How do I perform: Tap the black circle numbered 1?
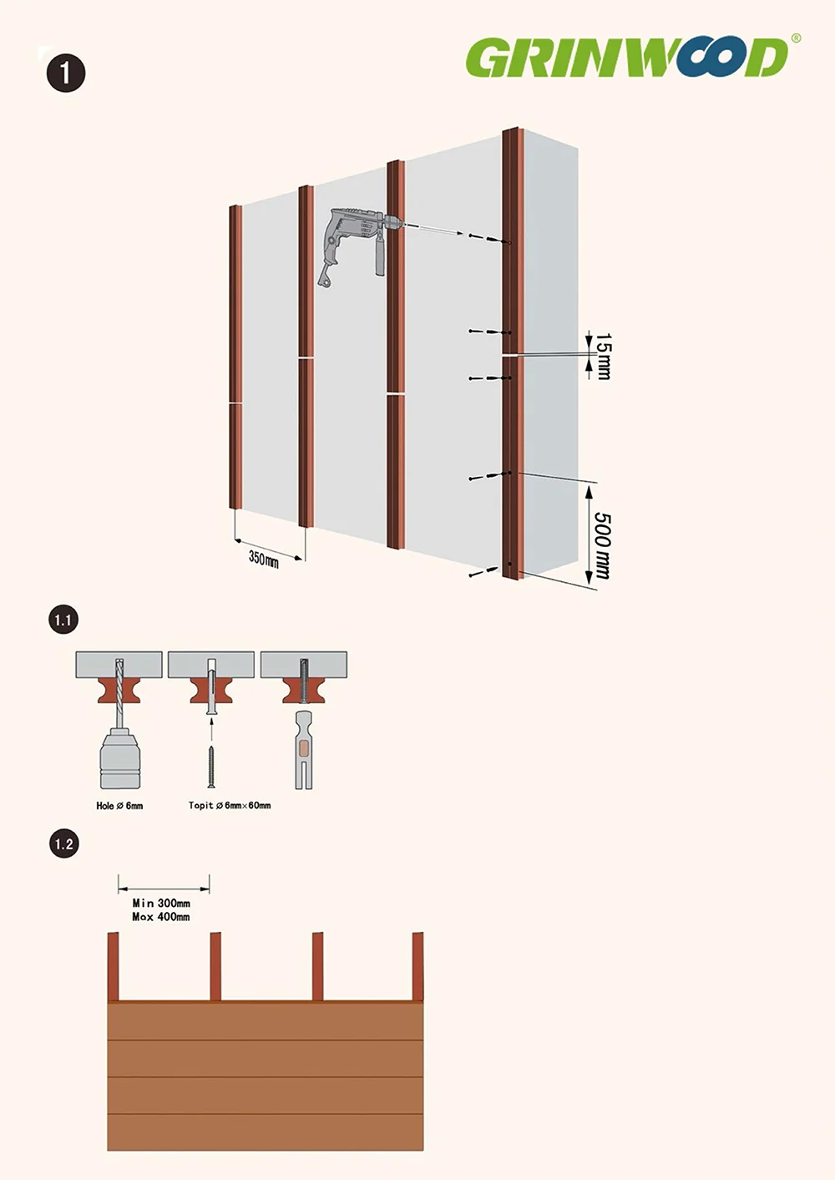[x=66, y=73]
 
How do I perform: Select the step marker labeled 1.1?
[x=63, y=620]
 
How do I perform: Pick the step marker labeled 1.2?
[x=63, y=844]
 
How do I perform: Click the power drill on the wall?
[x=358, y=243]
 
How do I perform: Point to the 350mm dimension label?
[x=263, y=559]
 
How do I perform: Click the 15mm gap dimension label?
[x=603, y=356]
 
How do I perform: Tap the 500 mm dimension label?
[x=602, y=546]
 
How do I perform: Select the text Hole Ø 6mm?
[x=119, y=805]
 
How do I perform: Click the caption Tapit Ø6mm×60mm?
[x=230, y=805]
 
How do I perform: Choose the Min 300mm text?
[x=161, y=903]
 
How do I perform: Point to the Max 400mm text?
[x=161, y=917]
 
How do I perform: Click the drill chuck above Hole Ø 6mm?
[x=120, y=758]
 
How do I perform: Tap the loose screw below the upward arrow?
[x=211, y=767]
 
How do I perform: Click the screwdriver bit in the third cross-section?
[x=303, y=750]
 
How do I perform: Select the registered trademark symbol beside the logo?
[x=796, y=38]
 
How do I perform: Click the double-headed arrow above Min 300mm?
[x=164, y=889]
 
